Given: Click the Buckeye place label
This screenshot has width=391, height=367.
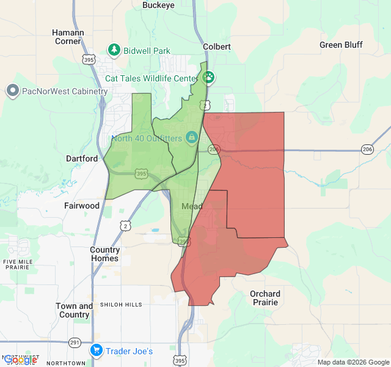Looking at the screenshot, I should (x=158, y=5).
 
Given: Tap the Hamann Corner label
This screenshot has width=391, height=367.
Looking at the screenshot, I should (x=68, y=37).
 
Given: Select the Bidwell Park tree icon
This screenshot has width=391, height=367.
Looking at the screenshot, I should (x=114, y=50).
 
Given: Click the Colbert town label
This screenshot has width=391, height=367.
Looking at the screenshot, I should (x=217, y=46).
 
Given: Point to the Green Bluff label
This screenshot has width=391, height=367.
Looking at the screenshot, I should (x=341, y=45).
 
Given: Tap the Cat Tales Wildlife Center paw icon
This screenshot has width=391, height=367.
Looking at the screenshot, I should (x=209, y=78).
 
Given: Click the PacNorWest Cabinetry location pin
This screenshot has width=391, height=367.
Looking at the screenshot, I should (x=12, y=91).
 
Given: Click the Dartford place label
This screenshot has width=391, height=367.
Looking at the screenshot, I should (x=82, y=158).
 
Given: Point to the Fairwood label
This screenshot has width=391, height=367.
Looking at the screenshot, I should (x=82, y=206).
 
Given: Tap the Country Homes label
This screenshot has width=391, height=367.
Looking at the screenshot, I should (x=104, y=254).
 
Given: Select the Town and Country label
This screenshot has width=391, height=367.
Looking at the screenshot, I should (x=75, y=310).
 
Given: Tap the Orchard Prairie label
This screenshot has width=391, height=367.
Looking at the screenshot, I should (x=265, y=298).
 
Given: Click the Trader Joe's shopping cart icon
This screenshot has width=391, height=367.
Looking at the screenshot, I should (x=97, y=350).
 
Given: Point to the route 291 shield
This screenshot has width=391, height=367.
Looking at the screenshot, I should (x=75, y=343).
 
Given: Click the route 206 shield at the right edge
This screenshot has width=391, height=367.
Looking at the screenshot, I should (x=367, y=149).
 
